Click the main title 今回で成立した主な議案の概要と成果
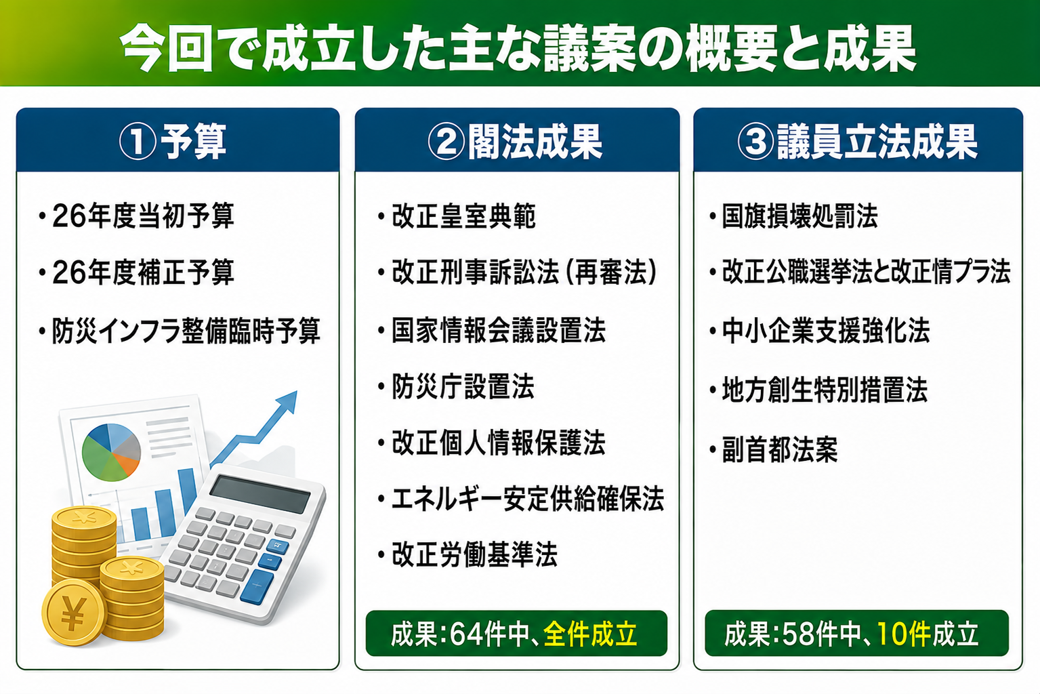point(518,48)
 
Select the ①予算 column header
point(173,142)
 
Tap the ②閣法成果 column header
point(516,142)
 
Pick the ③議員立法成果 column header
point(858,142)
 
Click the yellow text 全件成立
point(590,634)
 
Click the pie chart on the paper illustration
point(111,452)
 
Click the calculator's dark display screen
point(259,494)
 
